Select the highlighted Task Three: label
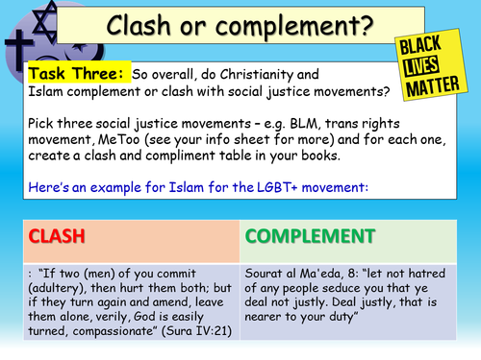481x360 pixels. [68, 74]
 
